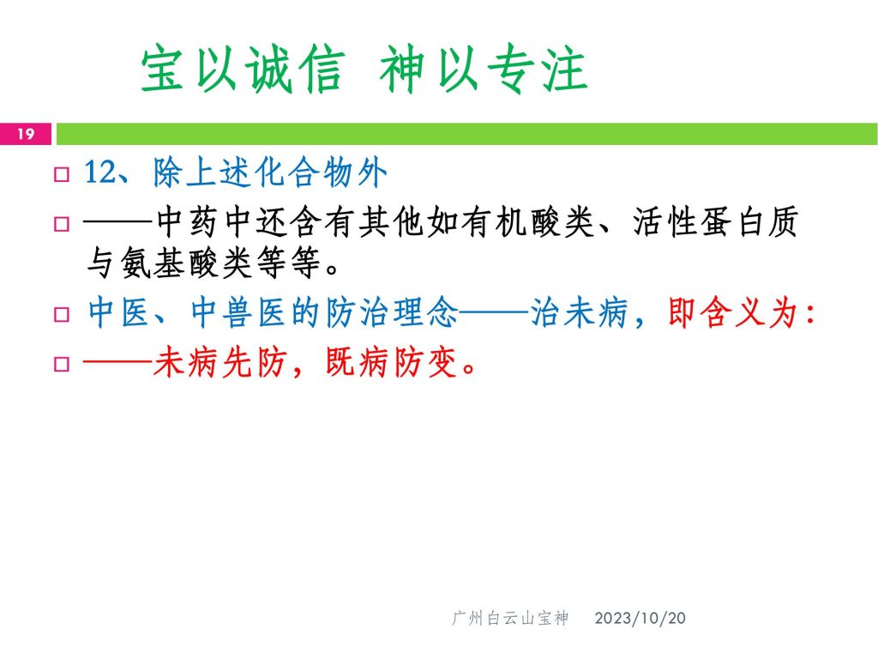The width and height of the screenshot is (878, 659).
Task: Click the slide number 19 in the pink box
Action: click(25, 134)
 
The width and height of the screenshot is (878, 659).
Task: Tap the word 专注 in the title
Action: click(537, 70)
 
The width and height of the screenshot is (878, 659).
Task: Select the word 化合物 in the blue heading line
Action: click(303, 172)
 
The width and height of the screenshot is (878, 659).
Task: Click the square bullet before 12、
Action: click(62, 174)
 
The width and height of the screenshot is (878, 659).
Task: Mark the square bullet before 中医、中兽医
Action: click(62, 314)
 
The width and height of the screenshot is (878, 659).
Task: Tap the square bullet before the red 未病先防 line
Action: click(62, 364)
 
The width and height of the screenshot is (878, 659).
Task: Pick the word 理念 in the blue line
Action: click(425, 312)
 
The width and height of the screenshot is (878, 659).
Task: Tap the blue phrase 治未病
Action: click(580, 312)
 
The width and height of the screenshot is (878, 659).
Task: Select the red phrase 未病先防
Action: click(219, 363)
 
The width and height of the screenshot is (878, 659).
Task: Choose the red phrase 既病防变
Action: click(392, 363)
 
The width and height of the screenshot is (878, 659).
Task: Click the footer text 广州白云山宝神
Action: click(509, 618)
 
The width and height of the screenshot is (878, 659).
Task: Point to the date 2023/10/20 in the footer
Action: click(640, 618)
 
